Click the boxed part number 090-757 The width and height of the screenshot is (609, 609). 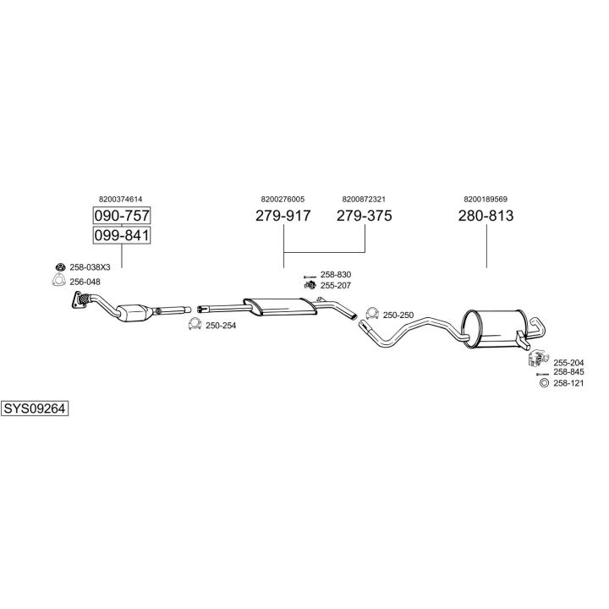[122, 216]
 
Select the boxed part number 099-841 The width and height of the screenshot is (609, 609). [122, 235]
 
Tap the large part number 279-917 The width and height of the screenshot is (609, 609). [283, 216]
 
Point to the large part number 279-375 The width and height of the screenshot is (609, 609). [364, 216]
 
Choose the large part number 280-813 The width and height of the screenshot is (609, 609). [486, 216]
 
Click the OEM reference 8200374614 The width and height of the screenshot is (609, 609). [120, 200]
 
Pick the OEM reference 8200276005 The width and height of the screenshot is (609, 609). [283, 200]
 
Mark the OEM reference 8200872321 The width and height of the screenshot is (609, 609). [364, 200]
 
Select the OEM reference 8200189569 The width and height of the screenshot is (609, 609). [486, 200]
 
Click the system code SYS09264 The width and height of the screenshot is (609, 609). [35, 409]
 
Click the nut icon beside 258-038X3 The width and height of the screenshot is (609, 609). [60, 266]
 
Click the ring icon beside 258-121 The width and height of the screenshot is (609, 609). [544, 383]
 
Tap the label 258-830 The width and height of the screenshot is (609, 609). [336, 275]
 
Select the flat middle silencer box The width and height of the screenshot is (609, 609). [281, 306]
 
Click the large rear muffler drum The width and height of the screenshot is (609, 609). [495, 328]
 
